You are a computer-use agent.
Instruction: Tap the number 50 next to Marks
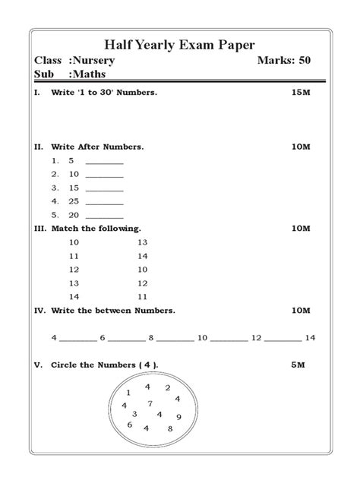(x=304, y=60)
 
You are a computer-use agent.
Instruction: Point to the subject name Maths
(x=90, y=74)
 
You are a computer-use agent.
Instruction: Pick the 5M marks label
(x=298, y=365)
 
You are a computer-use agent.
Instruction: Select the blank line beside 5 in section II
(x=104, y=162)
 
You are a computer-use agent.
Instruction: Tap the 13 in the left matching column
(x=74, y=283)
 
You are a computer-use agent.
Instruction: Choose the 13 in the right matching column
(x=142, y=242)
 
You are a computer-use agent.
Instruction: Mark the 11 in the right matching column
(x=142, y=297)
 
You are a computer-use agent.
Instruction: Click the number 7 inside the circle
(x=150, y=403)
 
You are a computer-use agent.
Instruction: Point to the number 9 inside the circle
(x=178, y=417)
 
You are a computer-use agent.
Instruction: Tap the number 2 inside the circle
(x=167, y=387)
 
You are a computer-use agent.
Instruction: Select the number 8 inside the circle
(x=170, y=429)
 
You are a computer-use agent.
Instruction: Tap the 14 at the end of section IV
(x=310, y=337)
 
